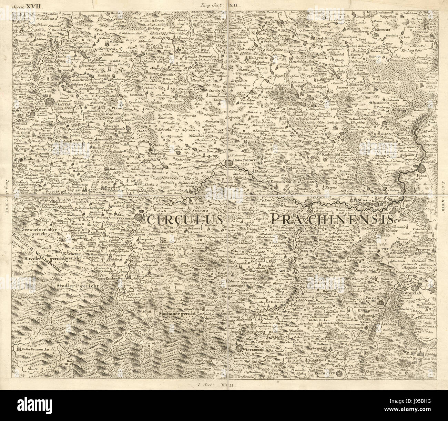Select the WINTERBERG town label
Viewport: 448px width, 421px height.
(x=254, y=350)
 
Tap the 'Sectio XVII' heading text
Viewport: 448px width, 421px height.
(x=22, y=6)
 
